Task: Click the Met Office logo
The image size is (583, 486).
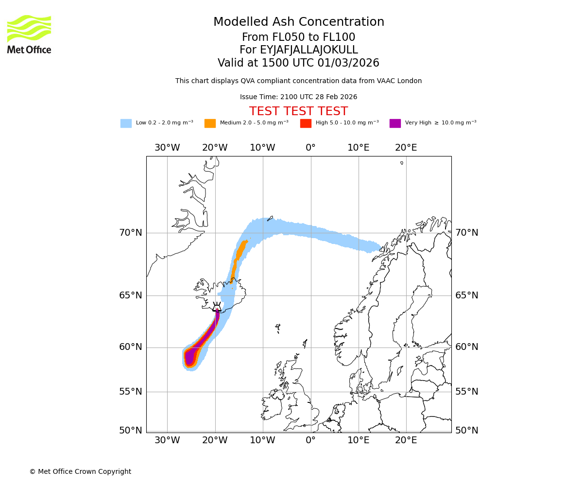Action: (x=29, y=34)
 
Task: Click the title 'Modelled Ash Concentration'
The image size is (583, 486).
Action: (x=298, y=22)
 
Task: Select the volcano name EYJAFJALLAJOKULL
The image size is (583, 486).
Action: (x=298, y=50)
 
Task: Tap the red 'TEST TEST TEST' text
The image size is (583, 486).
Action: (x=298, y=111)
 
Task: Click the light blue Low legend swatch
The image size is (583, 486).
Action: (x=126, y=123)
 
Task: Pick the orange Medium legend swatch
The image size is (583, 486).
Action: (x=210, y=123)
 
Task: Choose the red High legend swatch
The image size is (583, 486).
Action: (x=306, y=123)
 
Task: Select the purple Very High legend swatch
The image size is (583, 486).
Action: (x=395, y=123)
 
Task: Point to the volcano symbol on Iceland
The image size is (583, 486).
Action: (x=217, y=307)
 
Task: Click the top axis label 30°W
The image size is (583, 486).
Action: (x=167, y=148)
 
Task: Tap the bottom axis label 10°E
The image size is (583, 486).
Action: (x=358, y=440)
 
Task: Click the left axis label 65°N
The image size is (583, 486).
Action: (x=131, y=295)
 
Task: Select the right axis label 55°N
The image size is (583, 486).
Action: (x=466, y=392)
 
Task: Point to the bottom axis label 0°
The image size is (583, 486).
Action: (x=310, y=440)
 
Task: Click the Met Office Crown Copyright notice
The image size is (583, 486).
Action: (x=80, y=471)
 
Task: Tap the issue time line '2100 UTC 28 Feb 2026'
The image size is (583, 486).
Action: (x=298, y=97)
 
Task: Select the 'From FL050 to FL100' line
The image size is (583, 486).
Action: (x=298, y=37)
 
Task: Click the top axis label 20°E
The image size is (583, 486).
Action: (x=406, y=148)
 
